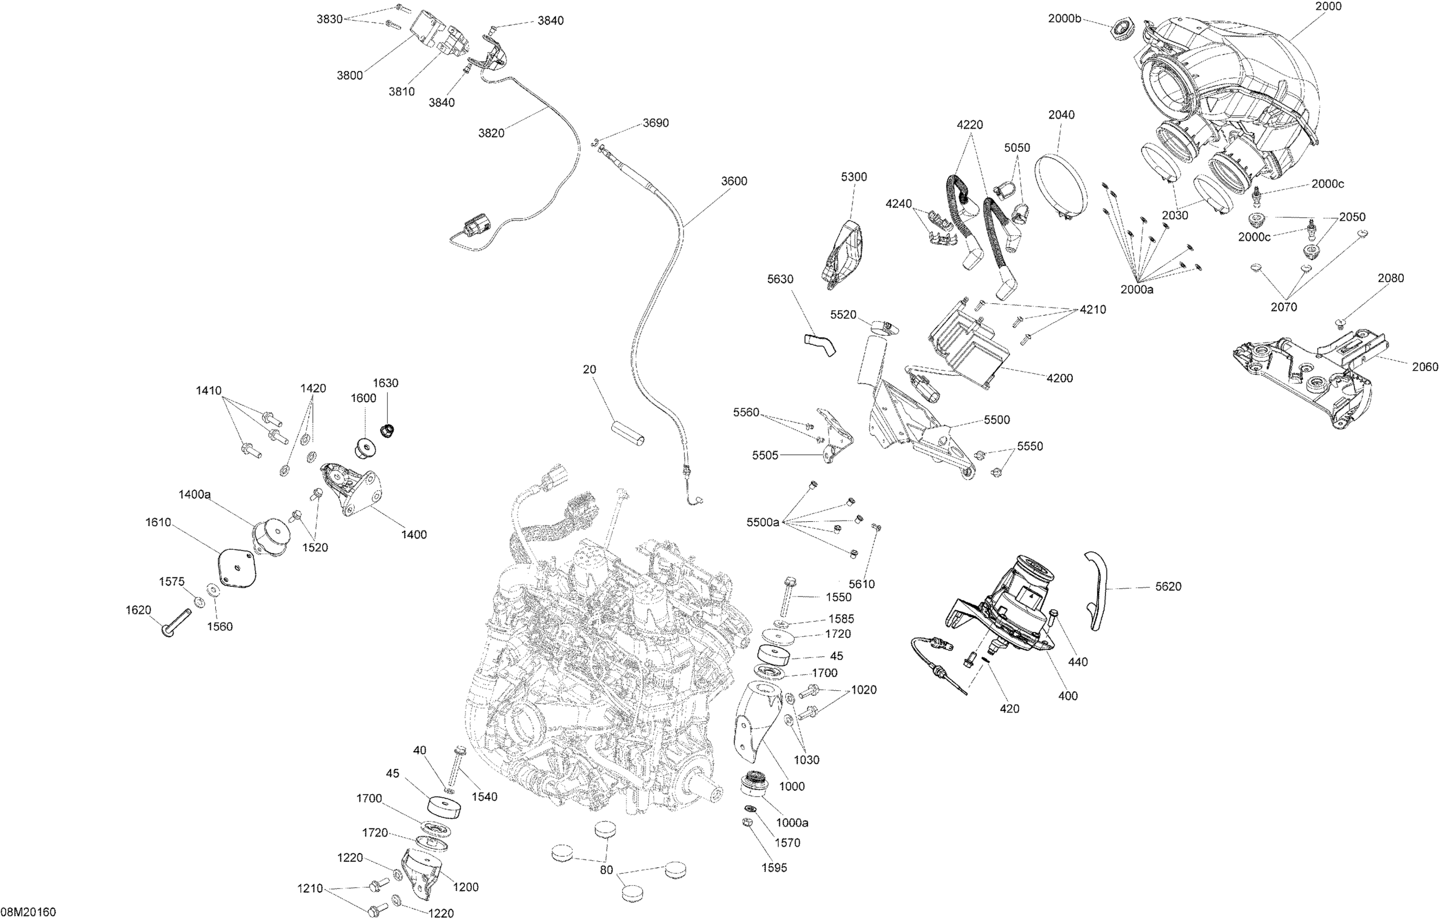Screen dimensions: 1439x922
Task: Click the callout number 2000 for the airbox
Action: pos(1311,7)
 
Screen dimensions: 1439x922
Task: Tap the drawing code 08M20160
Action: pos(28,912)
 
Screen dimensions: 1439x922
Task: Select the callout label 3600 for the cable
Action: pos(734,181)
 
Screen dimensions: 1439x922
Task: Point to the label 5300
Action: pos(854,177)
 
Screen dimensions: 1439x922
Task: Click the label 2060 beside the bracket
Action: pos(1425,367)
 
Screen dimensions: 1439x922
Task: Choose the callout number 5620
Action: pos(1168,587)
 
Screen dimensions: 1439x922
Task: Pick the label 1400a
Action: pos(195,495)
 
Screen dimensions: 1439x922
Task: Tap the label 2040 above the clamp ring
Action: pos(1061,114)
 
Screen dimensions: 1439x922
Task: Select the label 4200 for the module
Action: pos(1059,378)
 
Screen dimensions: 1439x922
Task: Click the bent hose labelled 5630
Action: pos(820,345)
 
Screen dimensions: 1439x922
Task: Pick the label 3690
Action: pos(655,123)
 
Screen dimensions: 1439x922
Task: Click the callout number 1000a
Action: pos(792,823)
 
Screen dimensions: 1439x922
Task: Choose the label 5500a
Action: pos(763,523)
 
